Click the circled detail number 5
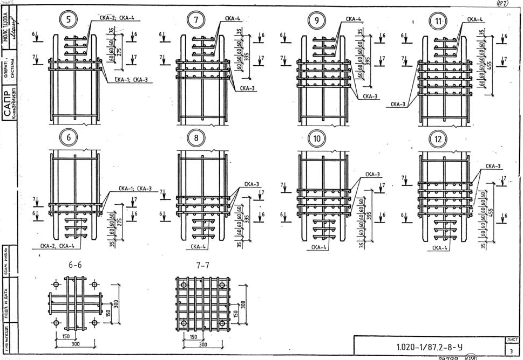69,20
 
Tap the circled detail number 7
195,20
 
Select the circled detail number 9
316,20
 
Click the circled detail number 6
69,137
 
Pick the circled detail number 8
195,138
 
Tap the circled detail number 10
316,139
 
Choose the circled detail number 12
438,139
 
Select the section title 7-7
201,266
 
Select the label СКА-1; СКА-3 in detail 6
135,189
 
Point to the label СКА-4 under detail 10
319,248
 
